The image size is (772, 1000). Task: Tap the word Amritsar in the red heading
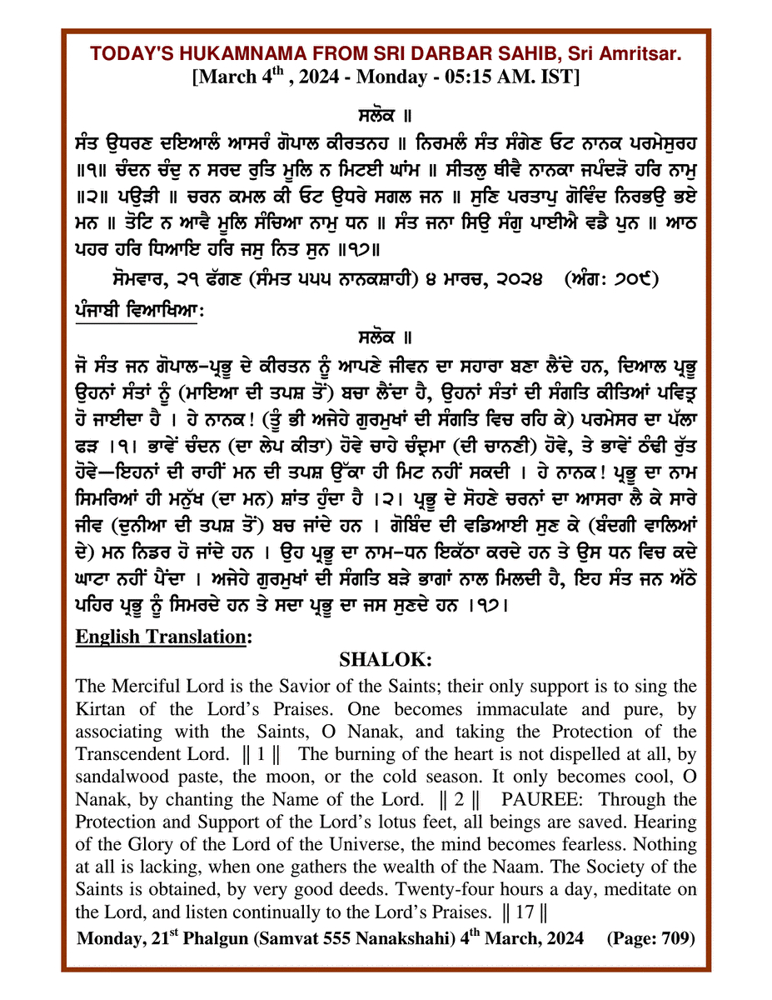pyautogui.click(x=637, y=54)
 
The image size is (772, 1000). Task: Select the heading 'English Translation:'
pyautogui.click(x=163, y=637)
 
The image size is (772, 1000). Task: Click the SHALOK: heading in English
pyautogui.click(x=386, y=660)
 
